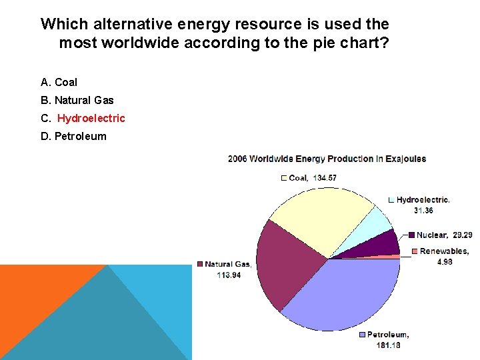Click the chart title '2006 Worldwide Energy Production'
tap(327, 159)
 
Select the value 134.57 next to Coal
tap(322, 178)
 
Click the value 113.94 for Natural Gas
tap(229, 275)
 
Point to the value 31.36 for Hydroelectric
tap(423, 210)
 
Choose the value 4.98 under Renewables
tap(445, 262)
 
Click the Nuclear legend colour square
tap(412, 235)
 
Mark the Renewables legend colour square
tap(415, 251)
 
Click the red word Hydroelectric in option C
tap(91, 119)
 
